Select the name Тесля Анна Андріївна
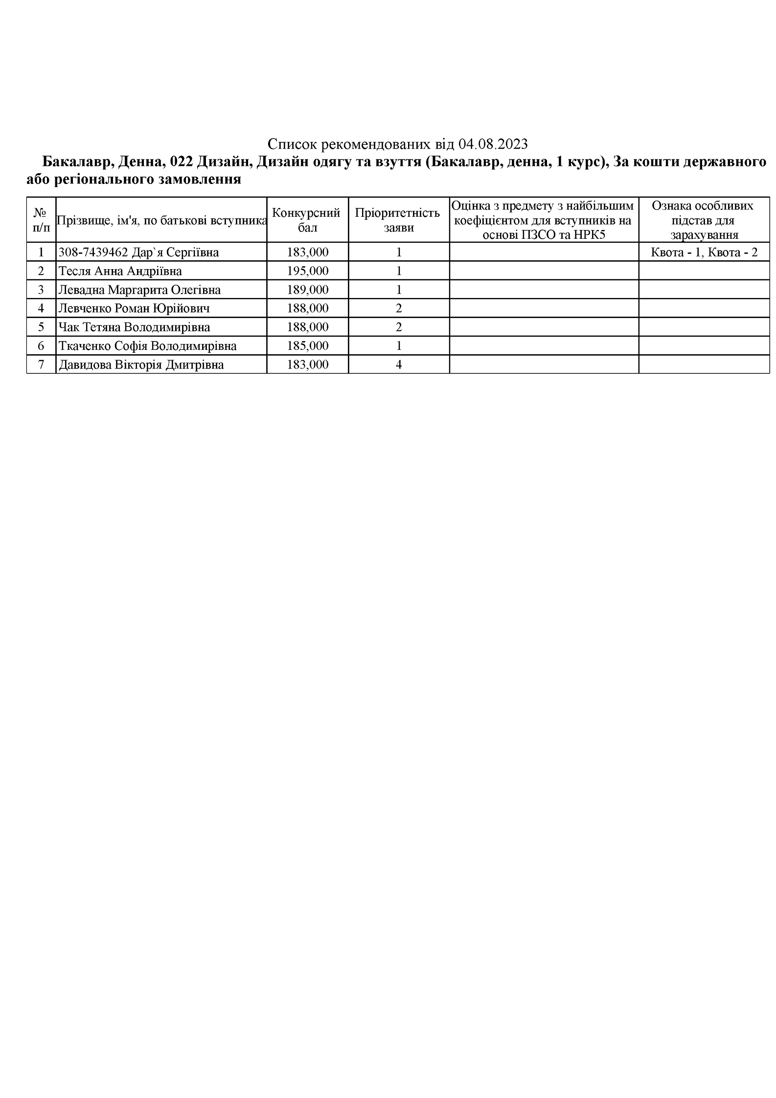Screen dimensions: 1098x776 coord(120,271)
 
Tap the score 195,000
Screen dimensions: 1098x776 coord(308,271)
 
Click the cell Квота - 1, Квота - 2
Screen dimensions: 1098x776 coord(704,252)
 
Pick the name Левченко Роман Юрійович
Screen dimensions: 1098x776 coord(134,308)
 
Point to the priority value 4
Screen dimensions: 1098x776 coord(399,365)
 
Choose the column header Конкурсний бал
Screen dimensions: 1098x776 coord(307,220)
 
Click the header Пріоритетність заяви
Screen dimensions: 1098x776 coord(398,220)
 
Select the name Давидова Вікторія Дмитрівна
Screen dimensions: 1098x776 coord(141,365)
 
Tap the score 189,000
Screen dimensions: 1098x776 coord(308,290)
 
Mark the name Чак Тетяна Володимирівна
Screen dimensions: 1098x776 coord(134,327)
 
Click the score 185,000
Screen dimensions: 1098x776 coord(308,346)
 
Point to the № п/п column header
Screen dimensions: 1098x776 coord(41,220)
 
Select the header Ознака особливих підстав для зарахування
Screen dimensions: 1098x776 coord(704,220)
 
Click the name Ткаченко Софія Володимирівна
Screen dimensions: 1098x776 coord(147,346)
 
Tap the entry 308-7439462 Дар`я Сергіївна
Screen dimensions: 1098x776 coord(138,252)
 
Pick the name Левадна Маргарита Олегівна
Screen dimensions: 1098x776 coord(139,290)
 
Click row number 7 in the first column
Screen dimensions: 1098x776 coord(41,365)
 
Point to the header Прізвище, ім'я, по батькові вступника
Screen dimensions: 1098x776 coord(161,220)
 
